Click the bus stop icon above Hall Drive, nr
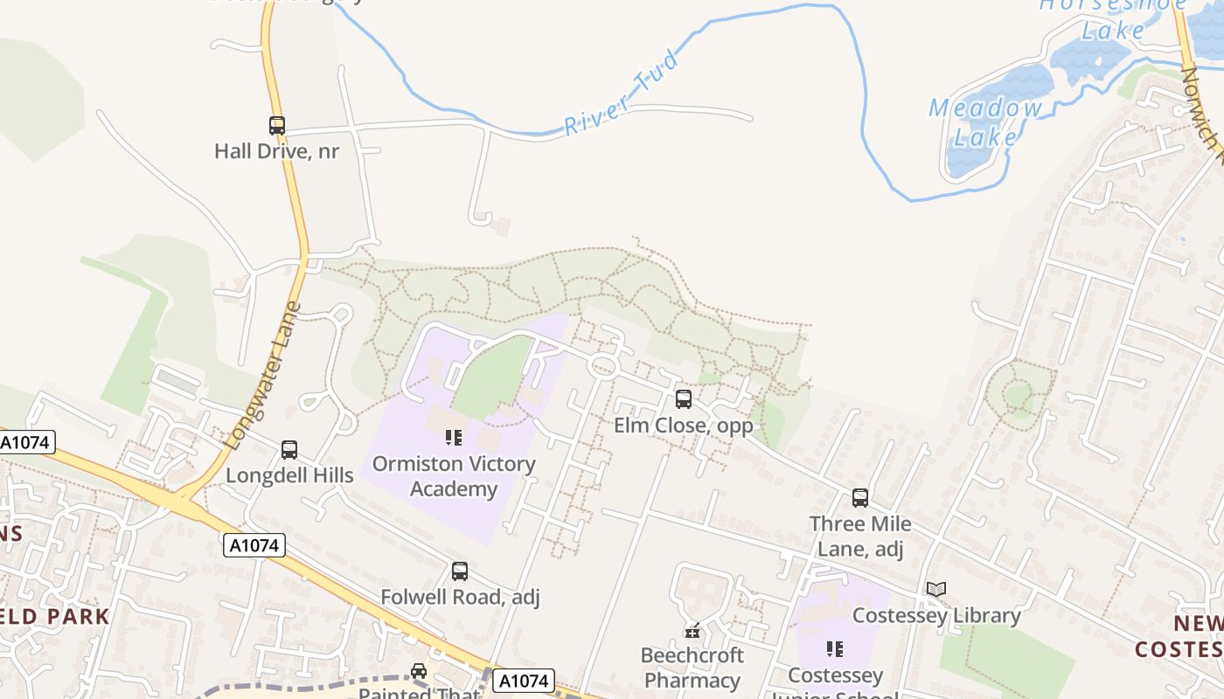[x=277, y=126]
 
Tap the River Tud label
[x=621, y=93]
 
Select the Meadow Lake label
[x=986, y=122]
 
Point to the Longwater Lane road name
[x=263, y=376]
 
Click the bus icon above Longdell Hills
[x=289, y=450]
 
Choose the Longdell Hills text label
[x=289, y=475]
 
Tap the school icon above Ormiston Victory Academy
[x=453, y=437]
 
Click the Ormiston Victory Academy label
[x=453, y=476]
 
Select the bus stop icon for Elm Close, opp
[x=684, y=399]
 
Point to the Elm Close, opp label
[x=684, y=426]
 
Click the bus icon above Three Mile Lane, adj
[x=860, y=498]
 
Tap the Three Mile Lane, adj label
[x=860, y=536]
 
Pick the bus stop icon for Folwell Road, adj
[x=460, y=571]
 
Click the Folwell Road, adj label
[x=460, y=598]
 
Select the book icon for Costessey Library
[x=936, y=590]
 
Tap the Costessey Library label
[x=936, y=615]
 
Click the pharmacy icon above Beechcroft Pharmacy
[x=692, y=630]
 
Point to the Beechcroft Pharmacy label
[x=692, y=668]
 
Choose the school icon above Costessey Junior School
[x=835, y=649]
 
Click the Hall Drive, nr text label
[x=277, y=151]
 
